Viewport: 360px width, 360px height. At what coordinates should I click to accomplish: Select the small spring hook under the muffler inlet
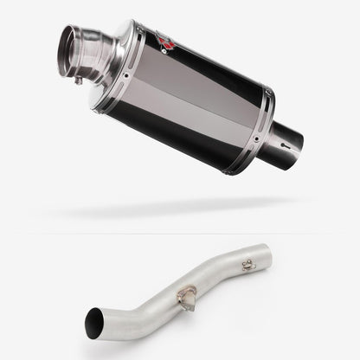pyautogui.click(x=78, y=81)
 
